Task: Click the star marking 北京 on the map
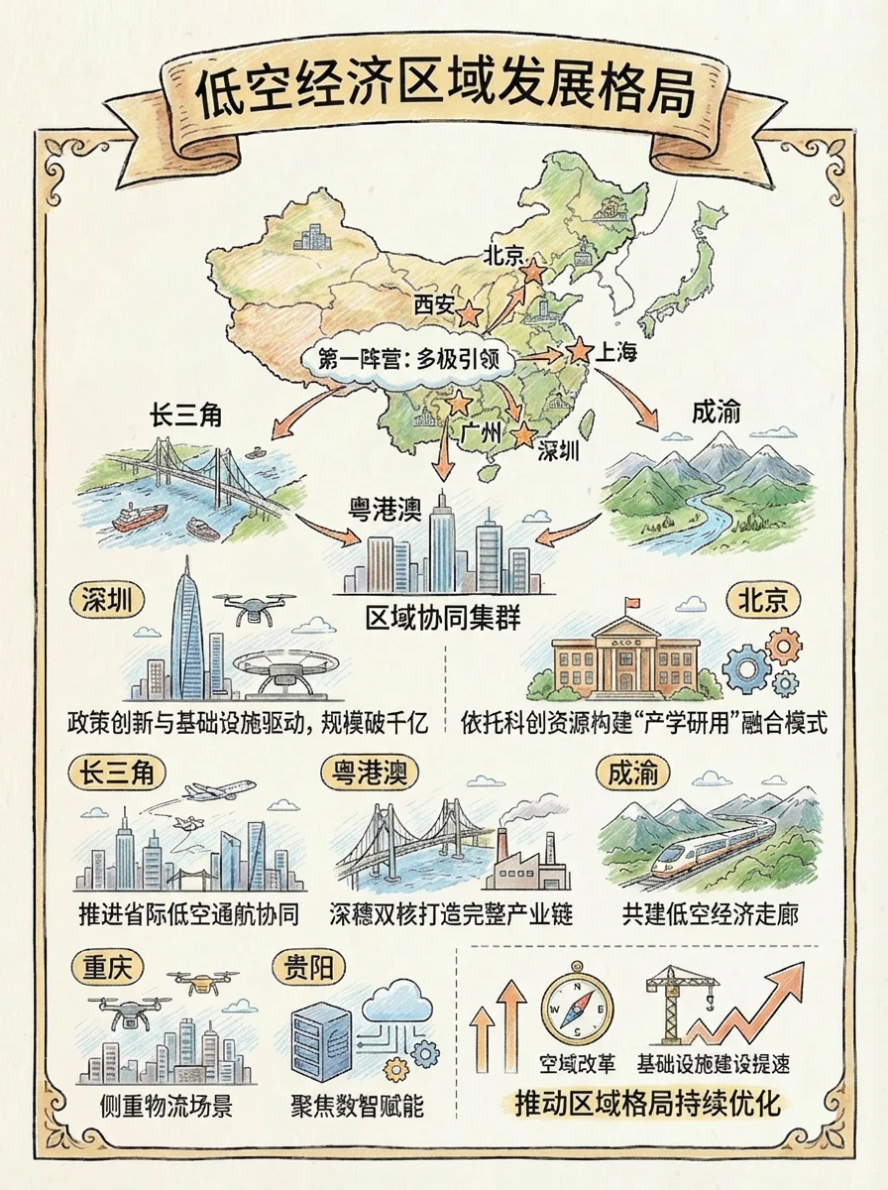pyautogui.click(x=533, y=270)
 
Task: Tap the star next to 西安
pyautogui.click(x=470, y=314)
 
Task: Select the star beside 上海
pyautogui.click(x=578, y=350)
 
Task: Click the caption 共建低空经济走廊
pyautogui.click(x=711, y=913)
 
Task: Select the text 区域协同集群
pyautogui.click(x=443, y=620)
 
